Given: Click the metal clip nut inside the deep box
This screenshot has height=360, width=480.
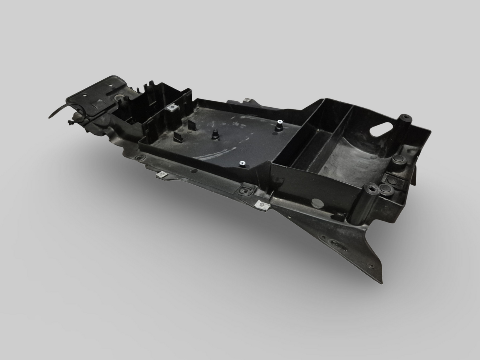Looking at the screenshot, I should point(172,108).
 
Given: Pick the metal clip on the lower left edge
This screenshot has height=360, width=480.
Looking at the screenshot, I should point(162,174).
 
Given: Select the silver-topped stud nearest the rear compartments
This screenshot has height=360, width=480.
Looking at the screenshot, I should point(278,125).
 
